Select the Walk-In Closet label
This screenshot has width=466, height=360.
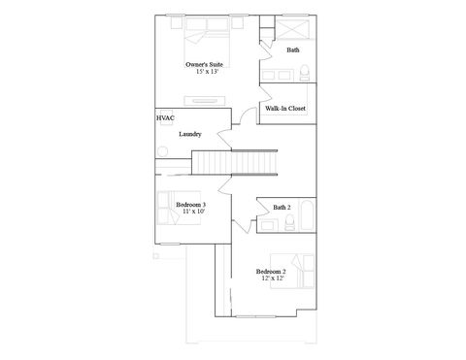(286, 109)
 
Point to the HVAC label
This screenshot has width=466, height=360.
(164, 117)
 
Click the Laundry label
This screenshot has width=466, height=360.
(189, 134)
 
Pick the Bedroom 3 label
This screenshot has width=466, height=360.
(190, 205)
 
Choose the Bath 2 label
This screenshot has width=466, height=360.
(282, 207)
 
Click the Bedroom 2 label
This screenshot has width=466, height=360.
(271, 271)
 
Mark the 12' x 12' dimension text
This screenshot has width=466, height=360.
(271, 278)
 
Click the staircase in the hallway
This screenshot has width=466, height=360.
(235, 161)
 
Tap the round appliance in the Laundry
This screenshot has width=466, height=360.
(163, 152)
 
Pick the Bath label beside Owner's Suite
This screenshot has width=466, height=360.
(292, 49)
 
